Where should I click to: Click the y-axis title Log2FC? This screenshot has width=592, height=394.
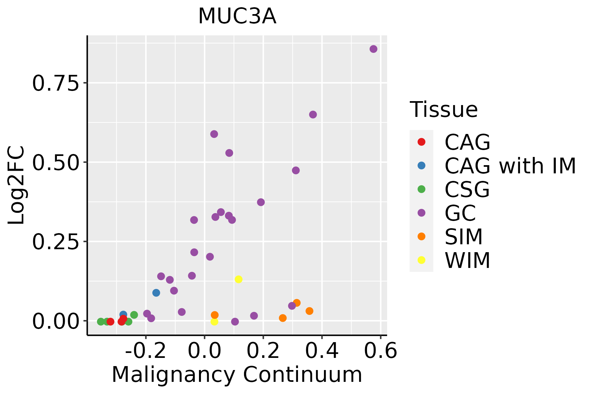click(16, 185)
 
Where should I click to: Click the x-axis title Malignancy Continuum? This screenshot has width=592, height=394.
click(237, 375)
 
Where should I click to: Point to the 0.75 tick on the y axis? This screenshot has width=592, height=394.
click(56, 83)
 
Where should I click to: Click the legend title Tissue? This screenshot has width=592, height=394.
click(444, 110)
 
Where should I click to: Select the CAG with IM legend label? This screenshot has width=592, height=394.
click(510, 166)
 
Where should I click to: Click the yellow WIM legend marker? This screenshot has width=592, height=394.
click(421, 260)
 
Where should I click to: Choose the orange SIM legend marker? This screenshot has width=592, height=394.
click(421, 236)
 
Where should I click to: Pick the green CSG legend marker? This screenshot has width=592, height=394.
click(421, 189)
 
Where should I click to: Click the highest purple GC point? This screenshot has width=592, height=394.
click(373, 49)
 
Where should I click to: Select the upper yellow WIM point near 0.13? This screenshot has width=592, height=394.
click(238, 279)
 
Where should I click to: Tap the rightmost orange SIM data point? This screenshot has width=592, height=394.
click(309, 311)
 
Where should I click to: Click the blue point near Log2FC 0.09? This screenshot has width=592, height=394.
click(156, 293)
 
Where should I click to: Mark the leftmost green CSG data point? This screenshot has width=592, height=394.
click(101, 321)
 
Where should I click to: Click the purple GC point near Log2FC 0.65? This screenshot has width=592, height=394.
click(313, 115)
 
